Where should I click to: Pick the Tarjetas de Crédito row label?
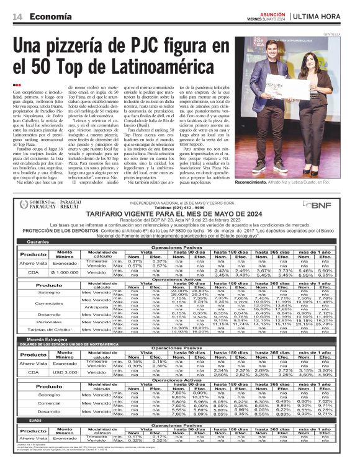pos(38,331)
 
